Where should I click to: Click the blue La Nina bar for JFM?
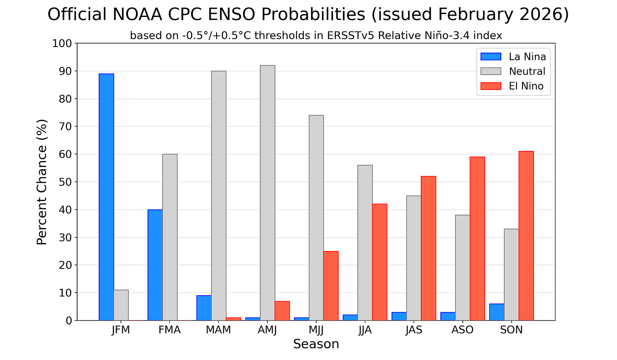click(x=106, y=197)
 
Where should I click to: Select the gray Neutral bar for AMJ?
click(x=267, y=193)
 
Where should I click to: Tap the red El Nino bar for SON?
click(x=526, y=236)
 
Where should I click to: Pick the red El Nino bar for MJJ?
click(x=331, y=286)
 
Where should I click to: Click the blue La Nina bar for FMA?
click(x=155, y=265)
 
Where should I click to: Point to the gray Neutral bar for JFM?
click(x=121, y=305)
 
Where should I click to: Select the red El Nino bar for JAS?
click(x=428, y=248)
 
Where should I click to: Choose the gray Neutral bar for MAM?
click(x=219, y=195)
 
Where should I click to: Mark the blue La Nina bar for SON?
click(x=497, y=312)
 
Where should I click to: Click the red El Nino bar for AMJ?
click(x=282, y=311)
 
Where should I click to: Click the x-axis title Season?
click(x=316, y=344)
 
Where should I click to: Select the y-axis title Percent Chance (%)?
click(x=42, y=182)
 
